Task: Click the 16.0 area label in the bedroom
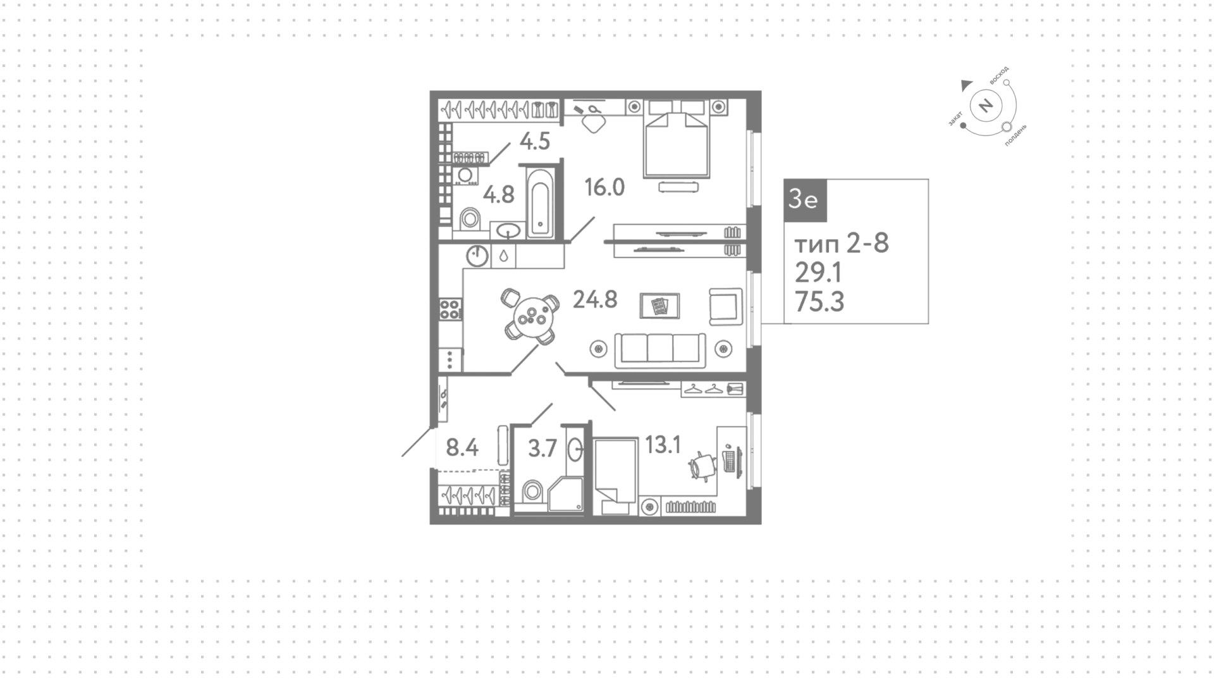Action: (604, 187)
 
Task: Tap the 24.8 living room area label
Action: (595, 299)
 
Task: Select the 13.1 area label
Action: (663, 445)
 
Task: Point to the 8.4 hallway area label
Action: (462, 448)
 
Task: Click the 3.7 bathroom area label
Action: (543, 449)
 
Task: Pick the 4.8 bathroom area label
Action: (499, 194)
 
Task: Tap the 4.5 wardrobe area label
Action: (535, 141)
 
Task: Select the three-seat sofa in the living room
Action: (660, 350)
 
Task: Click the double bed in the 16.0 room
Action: (675, 139)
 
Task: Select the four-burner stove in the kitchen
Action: (450, 309)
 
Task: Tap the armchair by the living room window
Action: (725, 307)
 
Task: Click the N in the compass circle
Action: (985, 105)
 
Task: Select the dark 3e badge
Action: (805, 200)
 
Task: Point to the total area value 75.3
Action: (819, 302)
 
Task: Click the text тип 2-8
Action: (842, 243)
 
